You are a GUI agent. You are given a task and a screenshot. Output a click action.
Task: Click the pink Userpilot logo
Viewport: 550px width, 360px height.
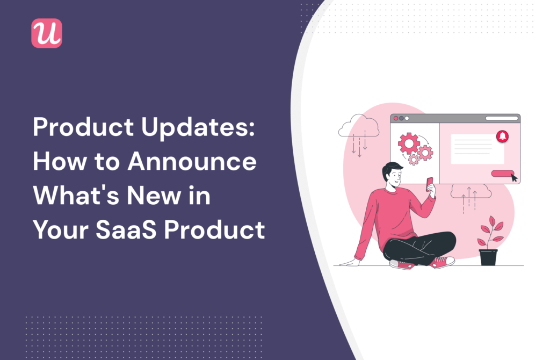(47, 33)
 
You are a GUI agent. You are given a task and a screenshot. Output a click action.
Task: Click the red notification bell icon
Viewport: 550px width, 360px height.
(503, 136)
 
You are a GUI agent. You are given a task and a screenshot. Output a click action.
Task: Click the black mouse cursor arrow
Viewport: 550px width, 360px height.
(513, 177)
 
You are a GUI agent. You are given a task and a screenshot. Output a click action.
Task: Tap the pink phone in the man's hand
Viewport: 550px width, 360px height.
(430, 184)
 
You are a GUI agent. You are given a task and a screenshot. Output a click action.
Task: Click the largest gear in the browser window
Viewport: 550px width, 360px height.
(409, 143)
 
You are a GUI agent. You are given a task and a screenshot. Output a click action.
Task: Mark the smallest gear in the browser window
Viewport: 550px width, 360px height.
(413, 160)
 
